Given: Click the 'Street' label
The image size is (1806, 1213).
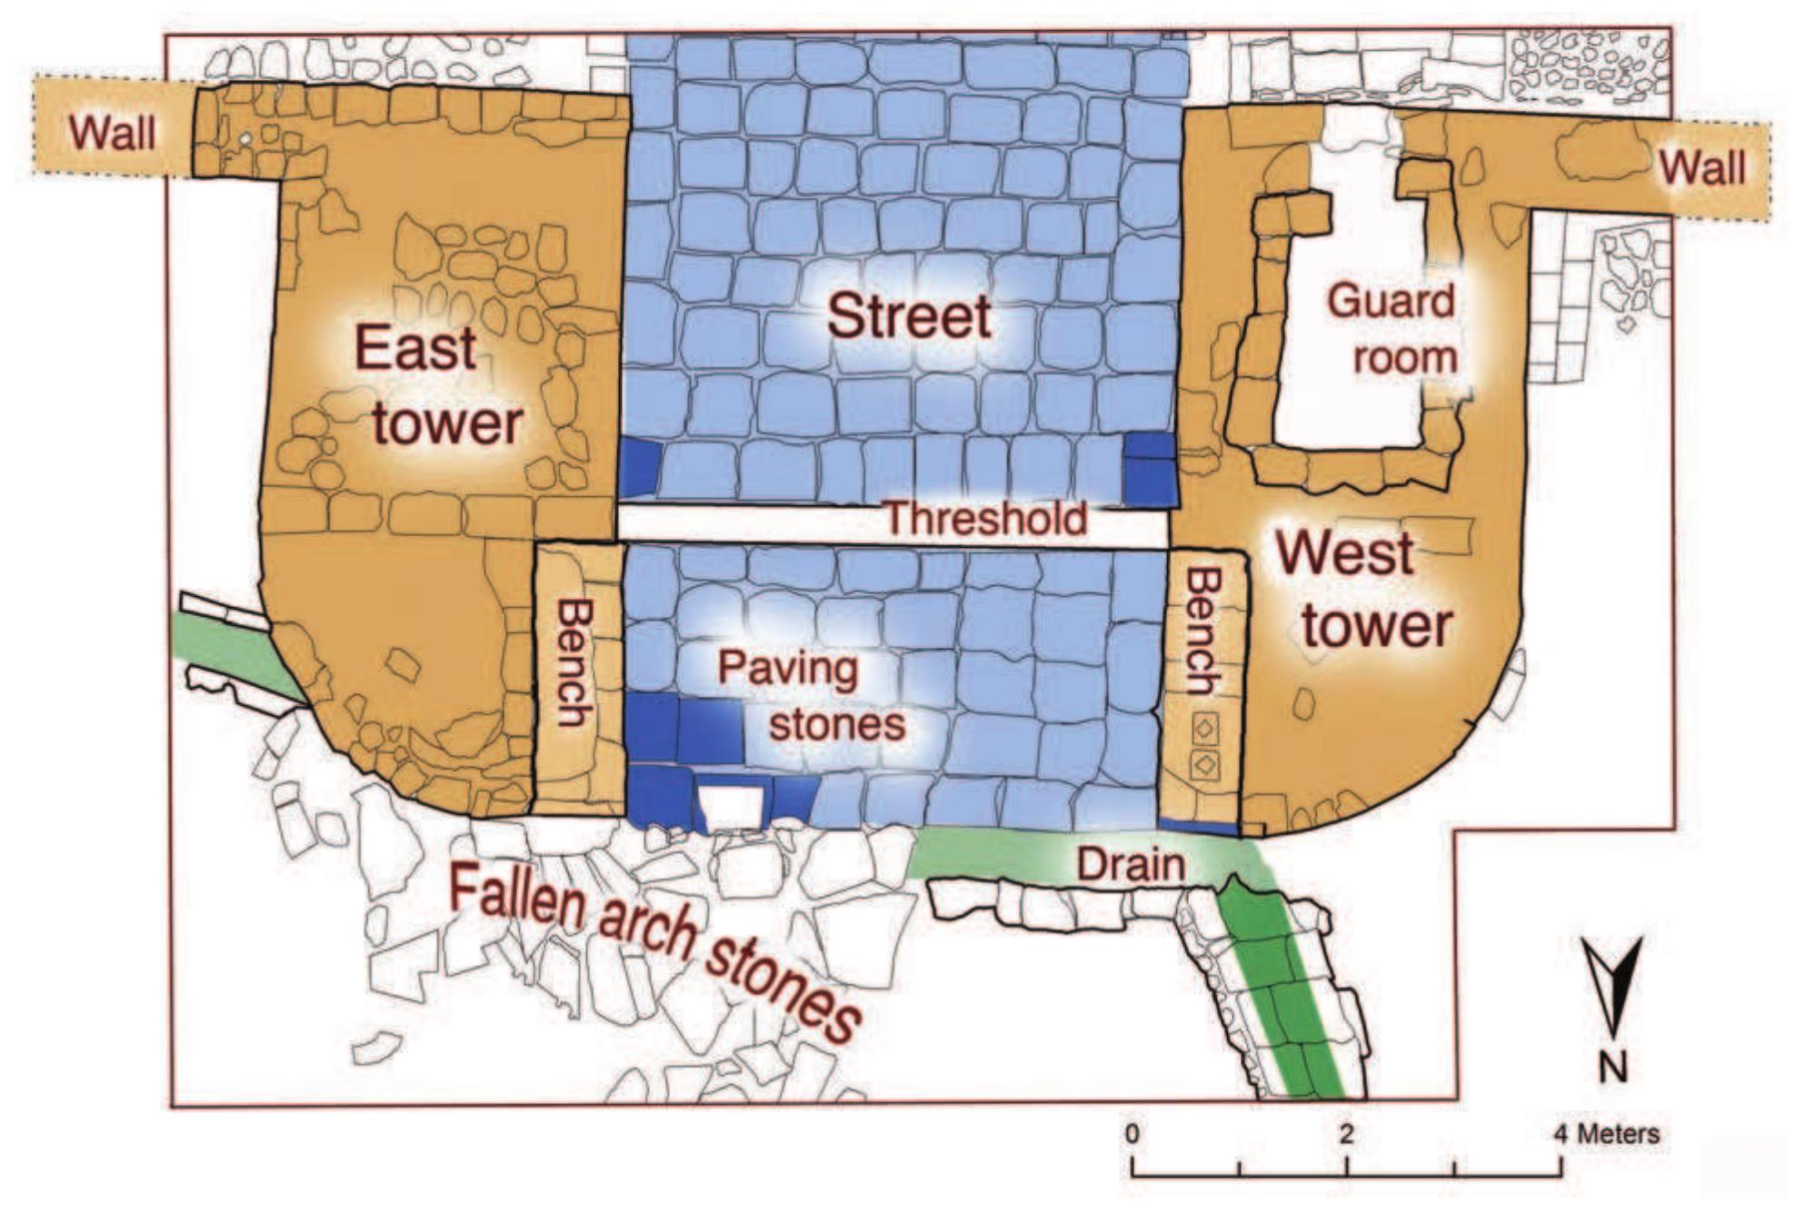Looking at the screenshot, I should [908, 317].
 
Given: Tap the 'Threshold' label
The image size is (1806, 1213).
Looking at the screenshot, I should [985, 519].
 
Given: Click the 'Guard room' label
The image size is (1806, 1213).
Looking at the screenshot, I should [1393, 329].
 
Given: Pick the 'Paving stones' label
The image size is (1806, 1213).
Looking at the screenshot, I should [812, 696].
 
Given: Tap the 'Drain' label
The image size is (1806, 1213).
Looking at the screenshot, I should [1131, 864].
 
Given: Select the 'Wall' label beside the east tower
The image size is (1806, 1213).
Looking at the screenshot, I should [113, 134].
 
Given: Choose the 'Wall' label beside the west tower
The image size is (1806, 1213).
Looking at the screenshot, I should [1701, 168].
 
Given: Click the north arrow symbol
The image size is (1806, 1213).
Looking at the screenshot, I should [1612, 986].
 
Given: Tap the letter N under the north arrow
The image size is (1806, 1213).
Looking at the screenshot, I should [1612, 1067].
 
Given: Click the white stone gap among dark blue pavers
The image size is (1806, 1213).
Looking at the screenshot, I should [733, 807].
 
